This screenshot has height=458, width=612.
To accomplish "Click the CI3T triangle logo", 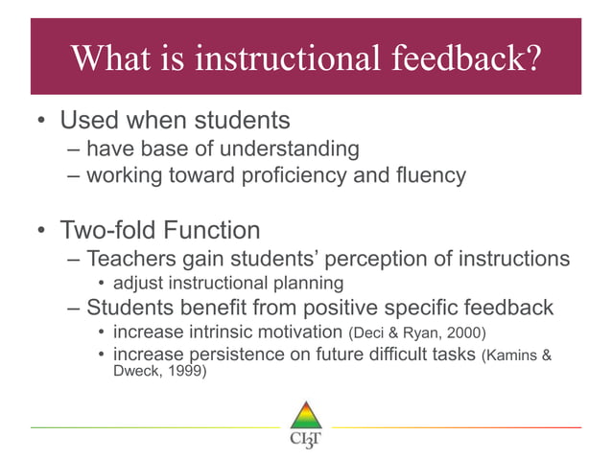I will [x=305, y=419].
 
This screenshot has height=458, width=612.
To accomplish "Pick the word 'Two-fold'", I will [x=106, y=232].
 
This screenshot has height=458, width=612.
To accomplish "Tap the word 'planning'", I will [x=306, y=284].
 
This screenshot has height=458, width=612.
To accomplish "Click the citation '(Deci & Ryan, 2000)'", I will [x=416, y=333].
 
